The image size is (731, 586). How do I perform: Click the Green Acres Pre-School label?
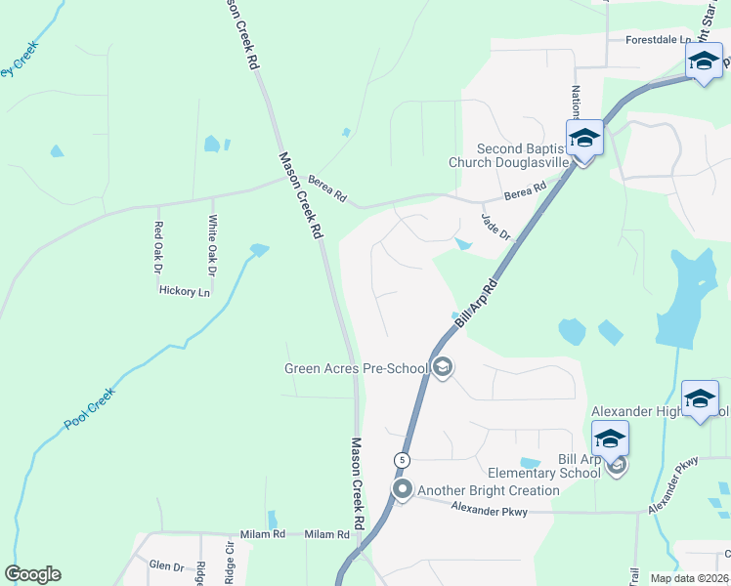click(x=356, y=368)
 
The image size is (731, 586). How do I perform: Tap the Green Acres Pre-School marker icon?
click(x=442, y=368)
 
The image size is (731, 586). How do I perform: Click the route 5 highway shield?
click(x=402, y=459)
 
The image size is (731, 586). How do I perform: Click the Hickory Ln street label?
click(x=184, y=291)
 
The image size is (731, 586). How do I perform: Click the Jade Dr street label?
click(x=496, y=228)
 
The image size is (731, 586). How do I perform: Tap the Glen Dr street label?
click(x=166, y=565)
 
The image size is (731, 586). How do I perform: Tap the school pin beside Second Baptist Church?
click(x=584, y=138)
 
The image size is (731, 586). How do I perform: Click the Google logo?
click(x=32, y=574)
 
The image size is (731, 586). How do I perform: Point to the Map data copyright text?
click(x=690, y=578)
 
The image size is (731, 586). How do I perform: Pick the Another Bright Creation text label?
click(x=489, y=490)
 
